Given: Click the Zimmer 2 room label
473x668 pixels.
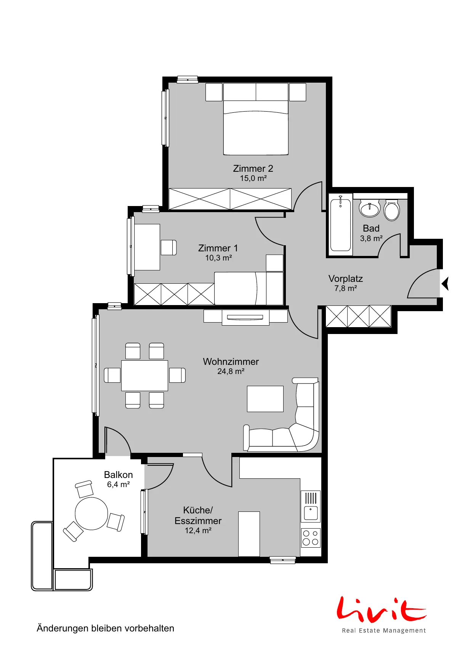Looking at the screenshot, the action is click(253, 168).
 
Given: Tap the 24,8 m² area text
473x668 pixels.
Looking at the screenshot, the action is click(231, 371).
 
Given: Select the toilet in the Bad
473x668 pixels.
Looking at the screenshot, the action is click(391, 210).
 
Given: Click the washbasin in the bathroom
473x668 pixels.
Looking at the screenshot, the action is click(370, 208).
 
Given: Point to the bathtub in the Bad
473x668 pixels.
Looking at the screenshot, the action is click(340, 225).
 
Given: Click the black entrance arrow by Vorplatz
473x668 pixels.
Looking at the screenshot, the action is click(445, 284).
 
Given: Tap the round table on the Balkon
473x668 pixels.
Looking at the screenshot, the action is click(91, 513).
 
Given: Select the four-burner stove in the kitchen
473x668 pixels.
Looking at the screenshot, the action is click(311, 537).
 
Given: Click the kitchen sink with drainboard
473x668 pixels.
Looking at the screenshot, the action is click(311, 506).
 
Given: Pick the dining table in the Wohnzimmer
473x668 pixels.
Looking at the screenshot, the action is click(144, 376).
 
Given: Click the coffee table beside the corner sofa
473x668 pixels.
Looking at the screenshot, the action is click(265, 399).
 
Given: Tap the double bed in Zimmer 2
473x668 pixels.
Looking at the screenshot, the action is click(256, 119).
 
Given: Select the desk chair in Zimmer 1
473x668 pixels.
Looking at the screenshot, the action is click(168, 248).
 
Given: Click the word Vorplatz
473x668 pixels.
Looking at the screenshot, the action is click(346, 278).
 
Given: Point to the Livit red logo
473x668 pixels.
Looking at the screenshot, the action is click(382, 608).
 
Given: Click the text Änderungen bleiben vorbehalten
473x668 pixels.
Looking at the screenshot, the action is click(106, 628).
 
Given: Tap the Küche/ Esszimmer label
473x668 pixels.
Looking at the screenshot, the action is click(198, 515).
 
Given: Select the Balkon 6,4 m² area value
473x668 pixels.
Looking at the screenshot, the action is click(119, 484).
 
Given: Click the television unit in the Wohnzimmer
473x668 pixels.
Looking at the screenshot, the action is click(245, 317).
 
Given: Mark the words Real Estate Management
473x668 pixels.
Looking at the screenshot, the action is click(384, 631).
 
